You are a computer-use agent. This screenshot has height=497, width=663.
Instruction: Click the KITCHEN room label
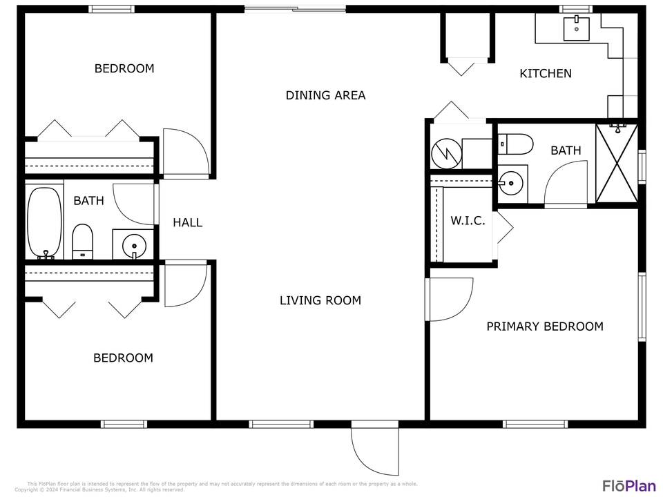point(545,73)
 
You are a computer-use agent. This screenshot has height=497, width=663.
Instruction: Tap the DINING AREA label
point(325,95)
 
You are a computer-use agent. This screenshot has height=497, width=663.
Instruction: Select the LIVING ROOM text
point(320,300)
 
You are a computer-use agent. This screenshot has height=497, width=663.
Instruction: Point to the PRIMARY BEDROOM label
point(545,327)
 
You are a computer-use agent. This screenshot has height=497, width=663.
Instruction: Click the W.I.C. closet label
point(468,221)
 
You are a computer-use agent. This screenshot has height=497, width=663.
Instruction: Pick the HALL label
point(188,222)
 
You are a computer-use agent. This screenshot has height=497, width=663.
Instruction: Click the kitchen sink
point(577,29)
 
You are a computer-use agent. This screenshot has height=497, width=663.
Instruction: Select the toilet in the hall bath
point(83,241)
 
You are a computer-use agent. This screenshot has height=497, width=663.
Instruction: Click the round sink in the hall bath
point(133,244)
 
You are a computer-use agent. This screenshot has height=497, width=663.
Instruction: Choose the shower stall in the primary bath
point(617,164)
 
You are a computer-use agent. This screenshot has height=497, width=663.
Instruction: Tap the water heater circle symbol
point(446,154)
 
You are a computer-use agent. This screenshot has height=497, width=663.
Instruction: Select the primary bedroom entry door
point(449,299)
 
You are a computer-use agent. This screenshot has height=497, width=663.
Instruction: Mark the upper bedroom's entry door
point(185,152)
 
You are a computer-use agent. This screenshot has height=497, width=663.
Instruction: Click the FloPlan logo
point(629,485)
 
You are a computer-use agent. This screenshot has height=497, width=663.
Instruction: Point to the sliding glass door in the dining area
point(295,9)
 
